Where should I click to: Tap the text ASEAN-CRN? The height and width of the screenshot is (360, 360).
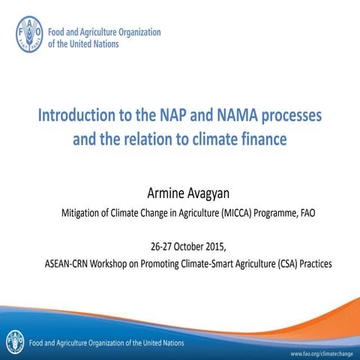[x=71, y=264]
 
